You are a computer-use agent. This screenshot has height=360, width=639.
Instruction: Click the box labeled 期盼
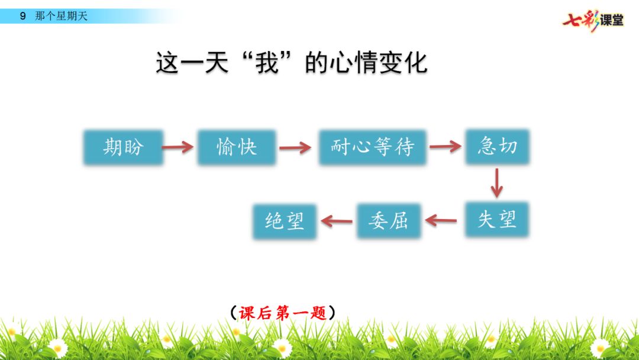click(123, 147)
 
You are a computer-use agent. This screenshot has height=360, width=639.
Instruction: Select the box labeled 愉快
click(237, 147)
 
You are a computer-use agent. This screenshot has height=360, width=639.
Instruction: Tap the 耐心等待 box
click(372, 147)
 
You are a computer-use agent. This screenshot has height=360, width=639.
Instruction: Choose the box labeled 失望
click(497, 220)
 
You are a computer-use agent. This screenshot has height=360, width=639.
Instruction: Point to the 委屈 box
click(388, 221)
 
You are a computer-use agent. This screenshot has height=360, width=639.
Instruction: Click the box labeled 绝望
click(285, 221)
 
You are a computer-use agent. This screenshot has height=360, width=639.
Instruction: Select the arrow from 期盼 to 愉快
click(179, 147)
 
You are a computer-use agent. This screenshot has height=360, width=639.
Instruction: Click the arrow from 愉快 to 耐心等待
click(296, 147)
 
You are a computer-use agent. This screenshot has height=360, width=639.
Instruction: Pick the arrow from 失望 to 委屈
click(441, 221)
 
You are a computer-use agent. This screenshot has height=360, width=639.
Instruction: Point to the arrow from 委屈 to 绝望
click(337, 221)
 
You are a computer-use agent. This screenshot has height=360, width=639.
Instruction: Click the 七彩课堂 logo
click(593, 20)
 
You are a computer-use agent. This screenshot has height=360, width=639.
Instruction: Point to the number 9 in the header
click(23, 16)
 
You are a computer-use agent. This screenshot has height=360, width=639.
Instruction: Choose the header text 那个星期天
click(62, 16)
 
